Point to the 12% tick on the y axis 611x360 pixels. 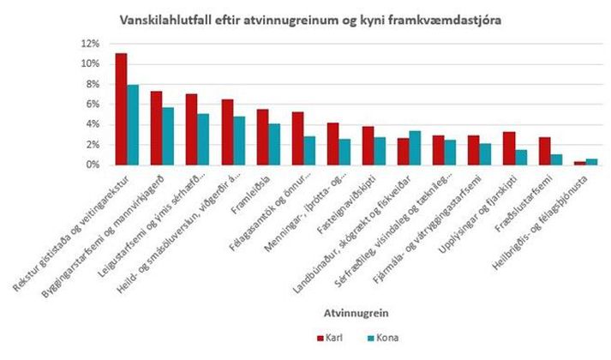click(x=90, y=44)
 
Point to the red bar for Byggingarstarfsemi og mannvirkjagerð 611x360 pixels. click(x=156, y=128)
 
